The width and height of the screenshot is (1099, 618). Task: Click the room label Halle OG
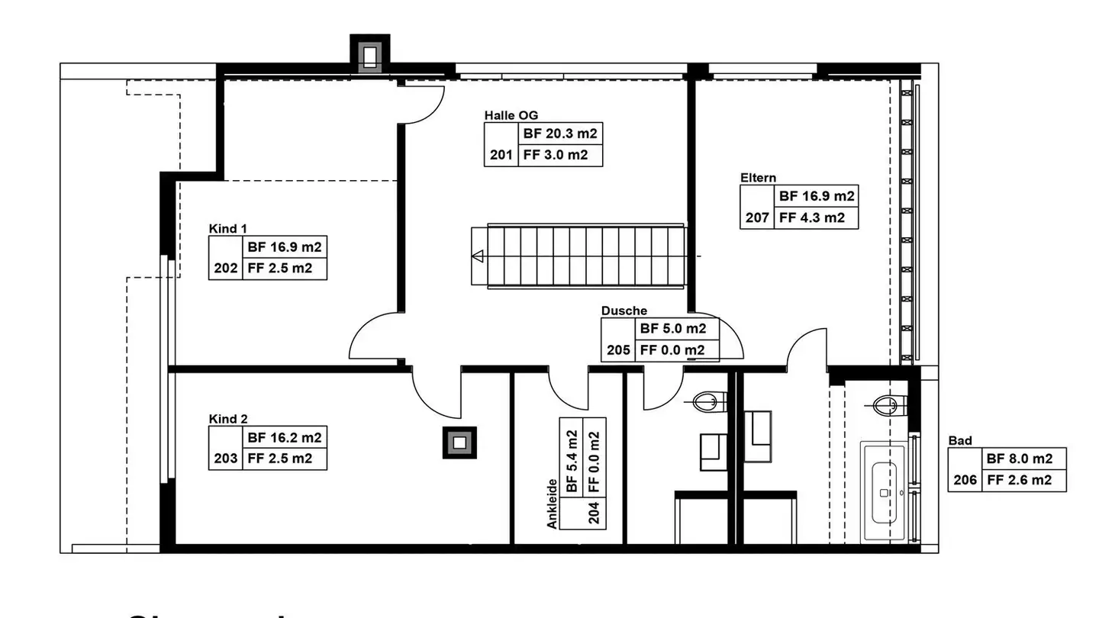click(511, 115)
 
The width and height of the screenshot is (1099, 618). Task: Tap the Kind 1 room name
click(227, 228)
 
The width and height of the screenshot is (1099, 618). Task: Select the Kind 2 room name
click(227, 419)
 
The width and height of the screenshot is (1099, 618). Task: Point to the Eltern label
click(758, 178)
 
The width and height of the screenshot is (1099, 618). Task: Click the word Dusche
click(624, 311)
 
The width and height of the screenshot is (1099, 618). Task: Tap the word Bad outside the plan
click(959, 441)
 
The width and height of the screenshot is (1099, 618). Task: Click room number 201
click(501, 156)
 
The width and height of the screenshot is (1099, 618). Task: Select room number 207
click(756, 217)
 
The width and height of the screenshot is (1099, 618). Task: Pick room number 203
click(225, 459)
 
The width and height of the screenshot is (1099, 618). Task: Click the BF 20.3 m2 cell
click(559, 134)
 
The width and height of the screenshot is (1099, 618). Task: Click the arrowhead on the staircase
click(478, 256)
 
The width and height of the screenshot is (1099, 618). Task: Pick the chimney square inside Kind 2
click(459, 443)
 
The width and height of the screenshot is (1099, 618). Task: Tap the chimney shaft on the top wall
click(370, 55)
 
